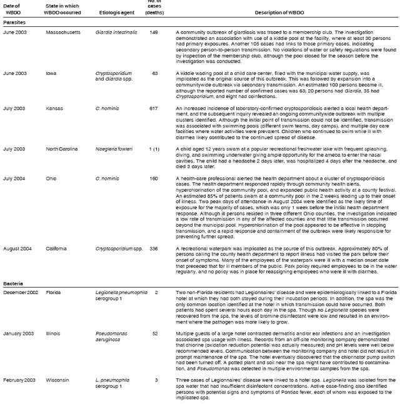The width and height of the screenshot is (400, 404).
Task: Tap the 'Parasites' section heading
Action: [x=14, y=22]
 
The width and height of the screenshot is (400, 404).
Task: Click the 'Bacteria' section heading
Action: [x=13, y=283]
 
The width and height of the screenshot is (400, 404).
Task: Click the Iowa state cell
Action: [x=51, y=73]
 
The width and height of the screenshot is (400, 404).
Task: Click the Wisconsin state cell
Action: [x=59, y=379]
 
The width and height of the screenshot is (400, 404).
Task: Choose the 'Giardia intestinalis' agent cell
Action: [x=115, y=32]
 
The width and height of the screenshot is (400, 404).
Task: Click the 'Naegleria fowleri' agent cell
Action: [x=112, y=149]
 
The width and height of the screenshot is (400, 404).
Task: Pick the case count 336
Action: [x=154, y=248]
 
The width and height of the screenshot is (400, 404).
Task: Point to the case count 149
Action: [x=154, y=32]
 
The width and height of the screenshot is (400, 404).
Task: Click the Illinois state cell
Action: [x=54, y=333]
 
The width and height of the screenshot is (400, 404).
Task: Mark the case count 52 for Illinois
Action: [x=154, y=333]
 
